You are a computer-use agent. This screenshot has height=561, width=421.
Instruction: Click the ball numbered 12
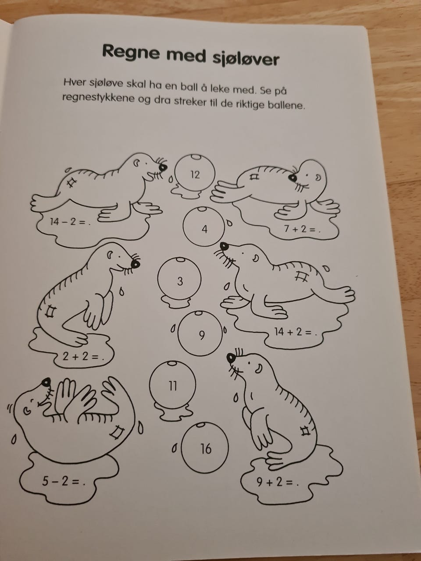pyautogui.click(x=195, y=173)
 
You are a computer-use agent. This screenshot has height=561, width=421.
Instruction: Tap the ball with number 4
pyautogui.click(x=204, y=226)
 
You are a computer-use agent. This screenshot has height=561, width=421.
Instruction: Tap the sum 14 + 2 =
pyautogui.click(x=296, y=332)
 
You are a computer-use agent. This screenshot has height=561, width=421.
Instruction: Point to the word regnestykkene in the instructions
pyautogui.click(x=98, y=98)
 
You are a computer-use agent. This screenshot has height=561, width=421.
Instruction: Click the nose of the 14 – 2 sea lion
pyautogui.click(x=163, y=167)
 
